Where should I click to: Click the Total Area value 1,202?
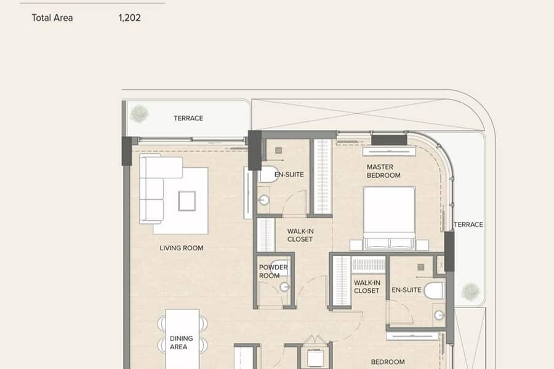129,18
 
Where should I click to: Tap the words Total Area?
52,18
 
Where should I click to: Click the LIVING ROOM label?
181,248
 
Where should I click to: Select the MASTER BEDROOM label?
383,171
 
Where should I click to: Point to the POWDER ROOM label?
273,271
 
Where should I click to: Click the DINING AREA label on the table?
181,343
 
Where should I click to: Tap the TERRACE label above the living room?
188,118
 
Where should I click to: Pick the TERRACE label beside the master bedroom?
468,224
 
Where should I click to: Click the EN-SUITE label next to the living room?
289,175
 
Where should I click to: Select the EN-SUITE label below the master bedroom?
406,290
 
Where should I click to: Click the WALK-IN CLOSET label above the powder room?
300,235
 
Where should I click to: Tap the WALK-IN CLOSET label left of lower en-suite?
367,287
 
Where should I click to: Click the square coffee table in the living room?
187,201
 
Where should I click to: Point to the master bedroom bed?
389,218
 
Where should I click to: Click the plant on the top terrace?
139,114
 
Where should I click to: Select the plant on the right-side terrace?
470,292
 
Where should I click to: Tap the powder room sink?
285,287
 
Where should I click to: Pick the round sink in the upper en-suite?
263,200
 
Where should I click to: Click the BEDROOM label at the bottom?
388,362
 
